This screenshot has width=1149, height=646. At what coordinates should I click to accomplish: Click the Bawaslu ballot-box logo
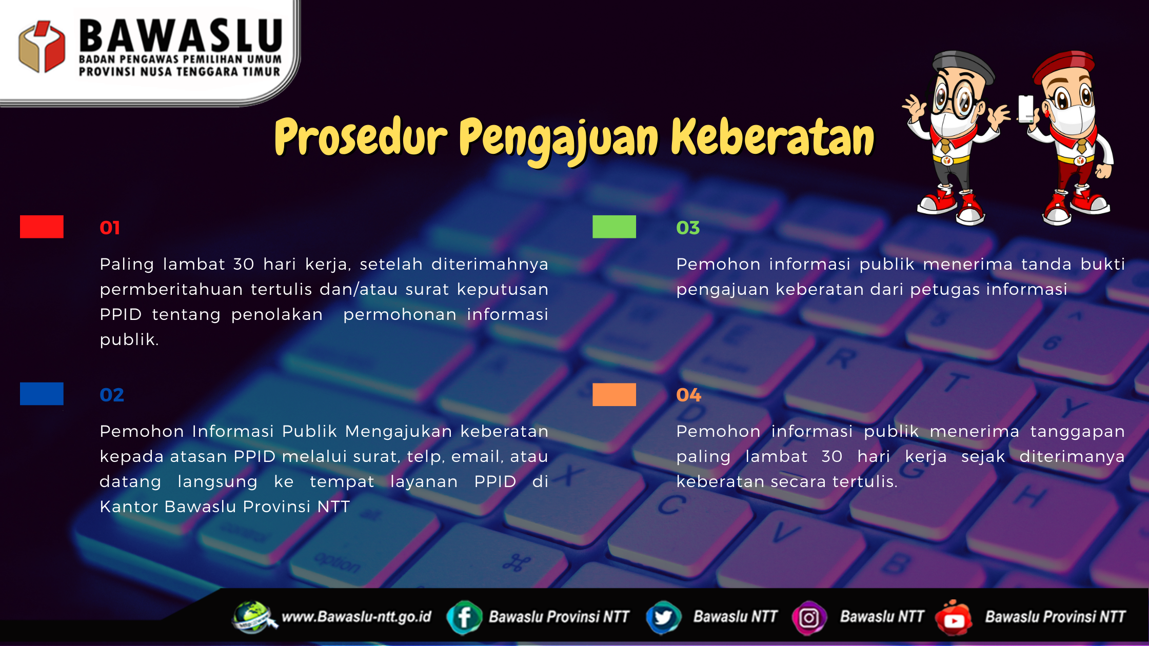tap(42, 46)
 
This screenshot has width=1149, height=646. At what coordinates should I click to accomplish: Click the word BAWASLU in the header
tap(181, 36)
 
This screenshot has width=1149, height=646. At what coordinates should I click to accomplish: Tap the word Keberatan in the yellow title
tap(772, 137)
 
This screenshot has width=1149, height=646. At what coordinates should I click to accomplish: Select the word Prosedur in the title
tap(361, 136)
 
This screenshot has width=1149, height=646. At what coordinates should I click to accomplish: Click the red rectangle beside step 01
tap(42, 227)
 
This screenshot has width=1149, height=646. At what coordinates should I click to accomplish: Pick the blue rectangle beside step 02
tap(42, 394)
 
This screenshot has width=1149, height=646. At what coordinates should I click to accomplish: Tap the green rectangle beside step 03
tap(614, 227)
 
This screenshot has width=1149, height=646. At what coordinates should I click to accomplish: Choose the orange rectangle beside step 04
tap(614, 394)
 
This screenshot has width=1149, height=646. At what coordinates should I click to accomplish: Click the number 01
tap(110, 228)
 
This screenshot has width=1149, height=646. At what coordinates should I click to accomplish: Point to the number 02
tap(112, 395)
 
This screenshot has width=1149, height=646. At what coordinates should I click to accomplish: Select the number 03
tap(688, 228)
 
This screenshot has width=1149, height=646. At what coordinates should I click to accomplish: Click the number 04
tap(689, 395)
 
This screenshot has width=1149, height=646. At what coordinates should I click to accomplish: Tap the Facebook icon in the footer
tap(464, 617)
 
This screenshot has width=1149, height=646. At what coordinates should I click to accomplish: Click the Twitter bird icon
tap(663, 617)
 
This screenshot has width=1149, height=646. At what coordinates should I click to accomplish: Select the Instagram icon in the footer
tap(809, 617)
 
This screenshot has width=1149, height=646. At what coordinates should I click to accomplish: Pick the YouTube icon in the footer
tap(954, 617)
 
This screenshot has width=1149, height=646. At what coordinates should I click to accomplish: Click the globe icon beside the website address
tap(253, 617)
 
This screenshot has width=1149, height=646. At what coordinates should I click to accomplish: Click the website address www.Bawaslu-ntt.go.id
tap(356, 616)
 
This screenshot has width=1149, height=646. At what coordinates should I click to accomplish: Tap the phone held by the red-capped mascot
tap(1025, 109)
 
